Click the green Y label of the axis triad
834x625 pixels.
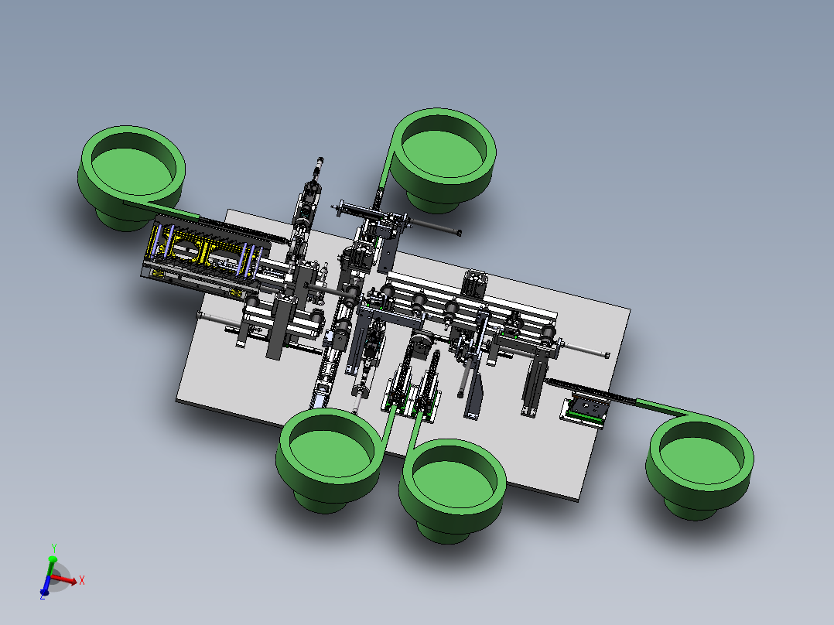point(53,548)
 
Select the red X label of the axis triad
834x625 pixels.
point(82,580)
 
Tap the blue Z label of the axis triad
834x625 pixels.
point(42,596)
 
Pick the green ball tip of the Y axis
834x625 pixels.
point(52,559)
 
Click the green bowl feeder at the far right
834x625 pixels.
point(699,466)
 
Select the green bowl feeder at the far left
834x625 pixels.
point(132,176)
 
